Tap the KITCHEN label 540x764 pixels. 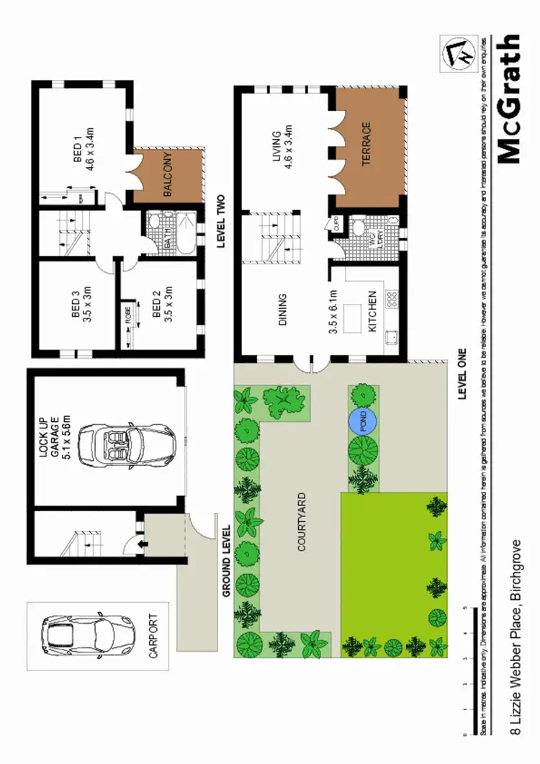(x=372, y=311)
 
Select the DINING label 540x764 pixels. (x=283, y=309)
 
